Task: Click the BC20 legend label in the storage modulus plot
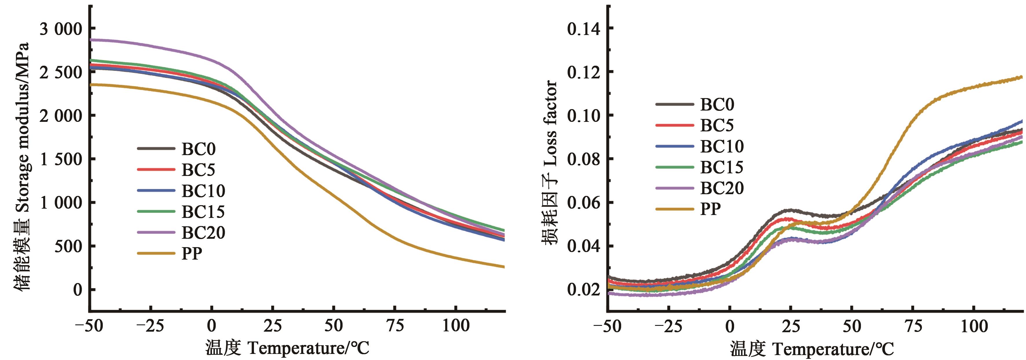point(203,233)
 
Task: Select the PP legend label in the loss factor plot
point(711,209)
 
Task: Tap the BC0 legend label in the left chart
point(198,149)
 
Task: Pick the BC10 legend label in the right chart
point(722,146)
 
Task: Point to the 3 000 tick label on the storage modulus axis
point(61,29)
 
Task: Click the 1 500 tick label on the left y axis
point(61,159)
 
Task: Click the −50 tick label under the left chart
point(89,326)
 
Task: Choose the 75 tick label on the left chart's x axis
point(395,326)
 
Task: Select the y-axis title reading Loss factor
point(551,162)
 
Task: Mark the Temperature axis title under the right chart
point(812,349)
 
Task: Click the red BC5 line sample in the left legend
point(156,170)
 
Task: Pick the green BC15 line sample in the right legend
point(674,167)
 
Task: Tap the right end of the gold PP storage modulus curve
point(504,267)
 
